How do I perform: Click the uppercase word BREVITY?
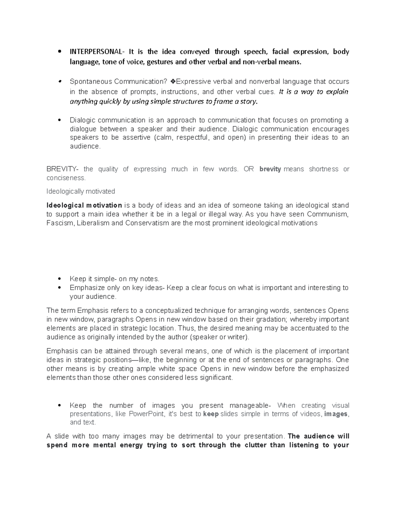tap(61, 169)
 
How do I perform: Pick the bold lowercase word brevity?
tap(270, 169)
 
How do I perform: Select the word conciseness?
tap(66, 178)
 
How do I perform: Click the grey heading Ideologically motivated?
tap(81, 192)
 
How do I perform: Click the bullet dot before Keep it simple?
tap(59, 279)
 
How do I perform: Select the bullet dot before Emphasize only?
tap(59, 288)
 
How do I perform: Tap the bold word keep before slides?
tap(211, 414)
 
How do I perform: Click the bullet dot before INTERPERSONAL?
tap(59, 52)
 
